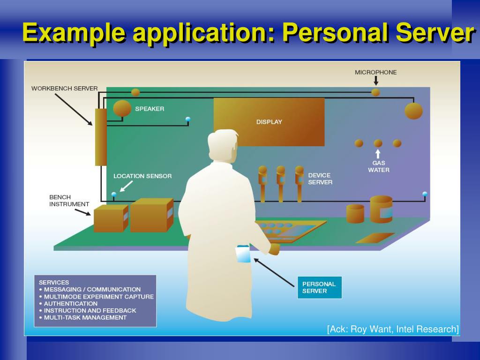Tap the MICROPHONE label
click(x=375, y=72)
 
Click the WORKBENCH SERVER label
click(x=64, y=88)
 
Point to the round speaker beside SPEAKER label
click(x=122, y=108)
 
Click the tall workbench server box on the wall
click(x=101, y=137)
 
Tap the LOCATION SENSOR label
click(x=142, y=176)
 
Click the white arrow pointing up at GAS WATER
click(x=378, y=154)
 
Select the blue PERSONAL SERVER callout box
click(x=319, y=287)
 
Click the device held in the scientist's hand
click(x=243, y=254)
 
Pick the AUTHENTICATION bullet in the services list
click(x=71, y=303)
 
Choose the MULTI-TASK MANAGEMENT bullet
click(x=85, y=317)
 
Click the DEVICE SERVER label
click(x=320, y=179)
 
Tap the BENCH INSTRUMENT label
click(x=69, y=201)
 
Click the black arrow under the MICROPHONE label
click(x=376, y=81)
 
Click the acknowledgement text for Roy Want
click(x=393, y=329)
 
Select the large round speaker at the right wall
click(x=413, y=111)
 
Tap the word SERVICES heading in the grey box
click(x=54, y=282)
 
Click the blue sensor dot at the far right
click(x=425, y=194)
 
